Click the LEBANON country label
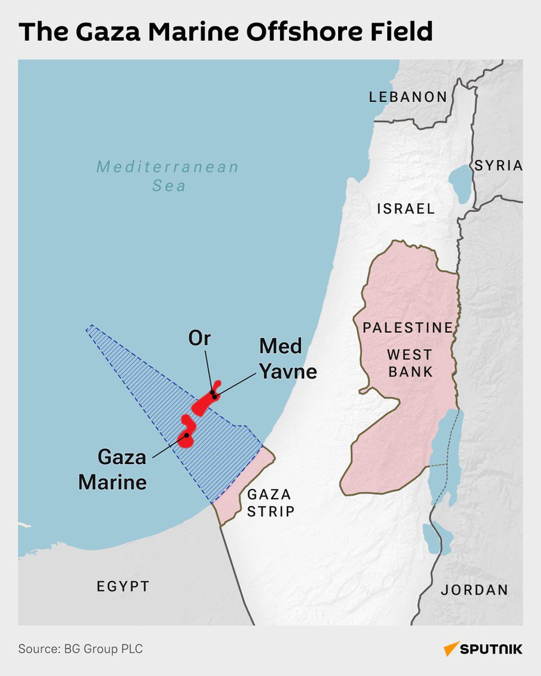(x=407, y=97)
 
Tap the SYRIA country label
(x=498, y=165)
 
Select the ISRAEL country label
(x=406, y=209)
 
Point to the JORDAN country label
(x=474, y=590)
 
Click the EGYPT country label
(x=123, y=586)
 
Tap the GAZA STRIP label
(x=270, y=503)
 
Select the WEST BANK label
(x=410, y=363)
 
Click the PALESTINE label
(x=408, y=327)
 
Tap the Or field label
(x=199, y=339)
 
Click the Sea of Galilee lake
(x=461, y=183)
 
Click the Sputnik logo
(x=483, y=649)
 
